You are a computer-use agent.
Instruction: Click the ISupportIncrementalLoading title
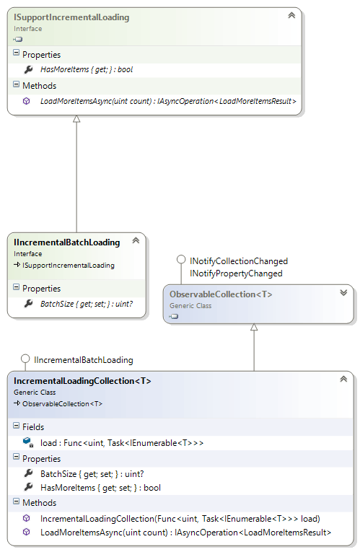pos(71,17)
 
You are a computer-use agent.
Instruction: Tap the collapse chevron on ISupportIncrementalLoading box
pos(291,15)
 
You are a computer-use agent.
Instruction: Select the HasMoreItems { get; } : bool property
pos(87,70)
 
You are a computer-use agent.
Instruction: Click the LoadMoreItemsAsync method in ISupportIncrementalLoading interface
pos(168,102)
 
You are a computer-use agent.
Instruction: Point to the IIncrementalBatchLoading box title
pos(67,242)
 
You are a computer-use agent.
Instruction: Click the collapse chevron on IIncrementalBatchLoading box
pos(136,240)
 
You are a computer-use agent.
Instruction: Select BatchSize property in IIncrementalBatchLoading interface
pos(87,304)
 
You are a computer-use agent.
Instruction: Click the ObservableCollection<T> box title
pos(221,294)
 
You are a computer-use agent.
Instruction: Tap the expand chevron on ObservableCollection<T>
pos(343,292)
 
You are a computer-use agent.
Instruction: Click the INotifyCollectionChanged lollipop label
pos(239,261)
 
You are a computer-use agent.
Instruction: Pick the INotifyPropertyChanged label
pos(236,273)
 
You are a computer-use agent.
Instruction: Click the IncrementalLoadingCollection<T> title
pos(82,381)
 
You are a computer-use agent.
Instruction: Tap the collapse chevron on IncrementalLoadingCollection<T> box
pos(343,379)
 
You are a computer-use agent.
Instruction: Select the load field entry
pos(122,443)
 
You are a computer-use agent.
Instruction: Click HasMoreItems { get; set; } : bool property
pos(100,488)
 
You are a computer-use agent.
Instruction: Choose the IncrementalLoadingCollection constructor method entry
pos(180,519)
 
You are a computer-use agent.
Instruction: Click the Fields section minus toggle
pos(16,426)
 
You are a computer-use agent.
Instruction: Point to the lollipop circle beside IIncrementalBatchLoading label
pos(25,359)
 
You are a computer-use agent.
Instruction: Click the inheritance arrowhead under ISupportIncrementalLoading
pos(76,119)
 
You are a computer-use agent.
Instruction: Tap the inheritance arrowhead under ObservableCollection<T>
pos(254,328)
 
